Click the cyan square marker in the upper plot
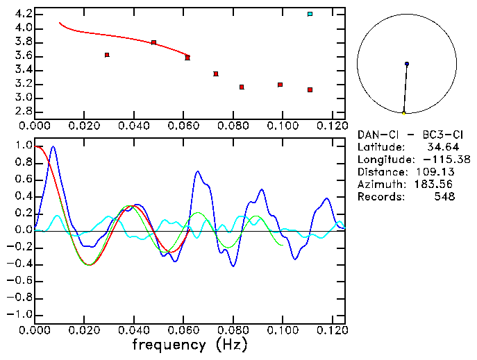point(310,14)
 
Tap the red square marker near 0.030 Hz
point(107,55)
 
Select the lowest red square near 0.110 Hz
point(310,89)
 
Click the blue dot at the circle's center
point(407,64)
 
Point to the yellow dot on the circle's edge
point(403,112)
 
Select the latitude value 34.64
point(442,147)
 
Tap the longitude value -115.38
point(438,160)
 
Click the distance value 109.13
point(438,172)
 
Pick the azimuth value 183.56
point(438,185)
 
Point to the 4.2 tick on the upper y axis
point(24,14)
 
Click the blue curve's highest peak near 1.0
point(53,147)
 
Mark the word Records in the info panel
point(379,197)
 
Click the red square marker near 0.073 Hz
point(216,74)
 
